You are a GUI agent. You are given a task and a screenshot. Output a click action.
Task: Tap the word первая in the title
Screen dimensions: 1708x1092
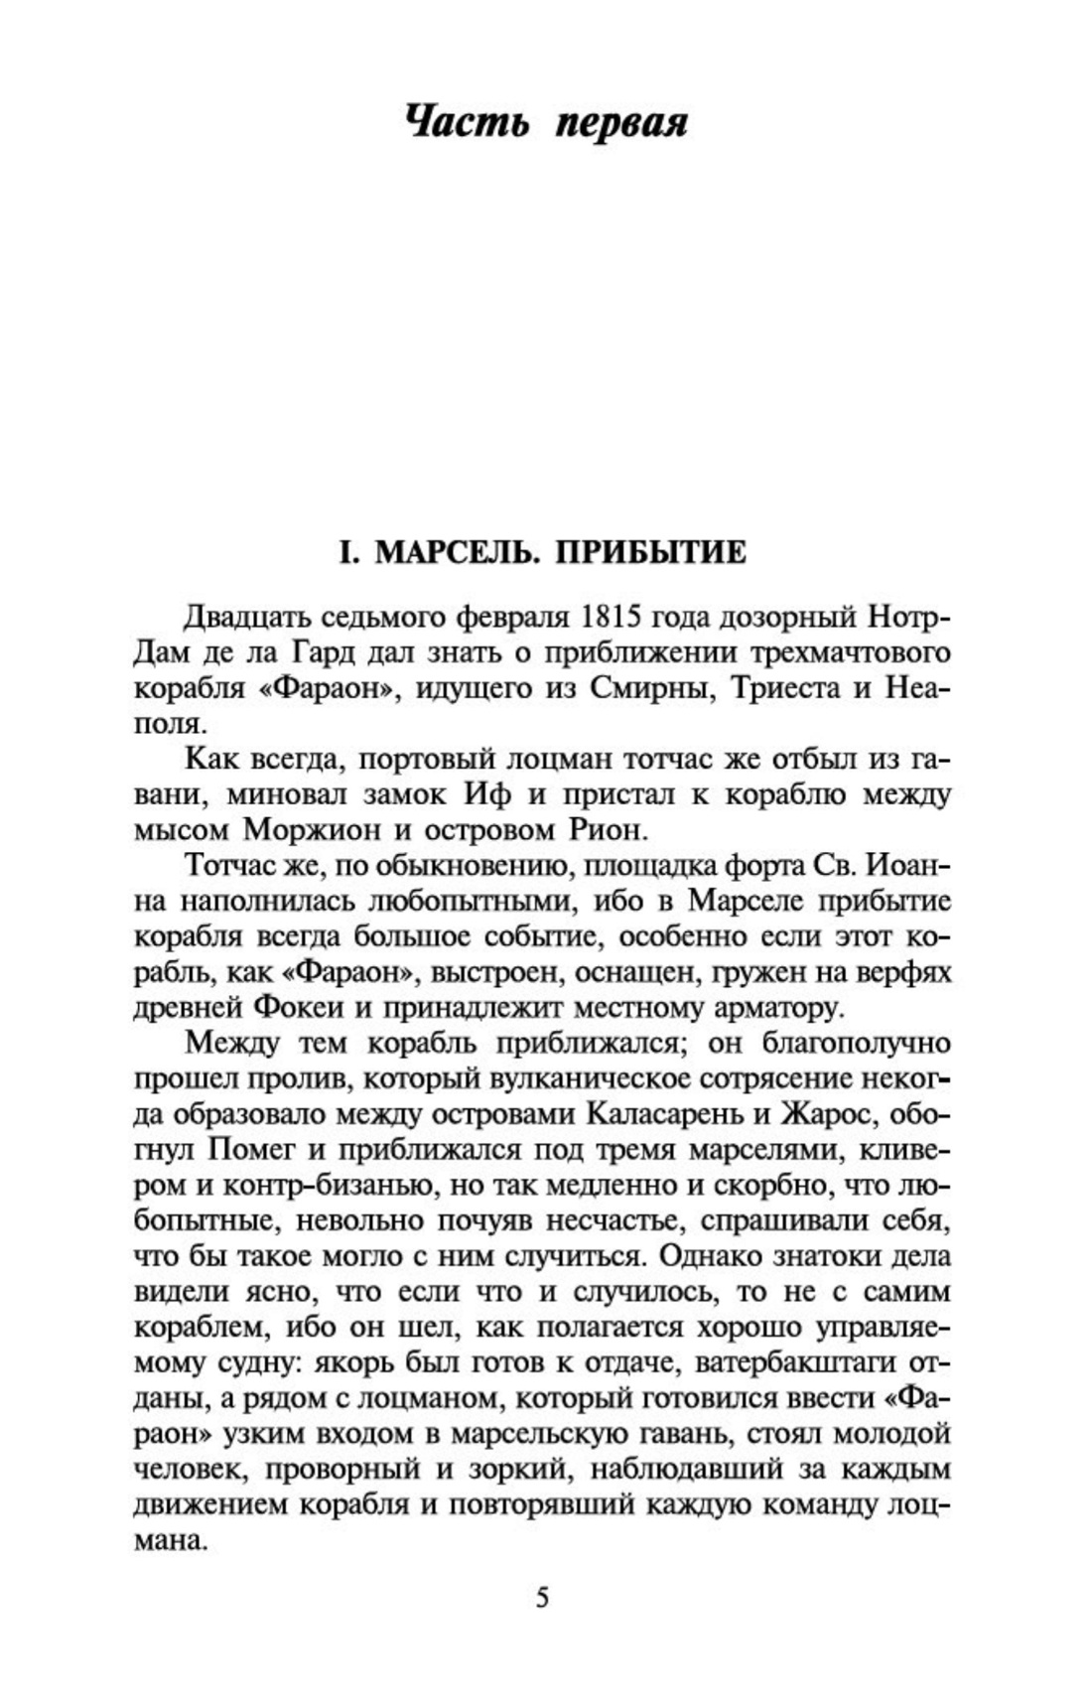point(621,123)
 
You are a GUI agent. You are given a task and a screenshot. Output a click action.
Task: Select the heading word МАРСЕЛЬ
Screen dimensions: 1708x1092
point(459,552)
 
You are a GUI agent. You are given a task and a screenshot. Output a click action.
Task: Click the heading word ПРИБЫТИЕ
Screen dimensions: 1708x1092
point(650,552)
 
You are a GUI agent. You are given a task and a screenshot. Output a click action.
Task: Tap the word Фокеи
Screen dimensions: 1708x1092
point(299,1007)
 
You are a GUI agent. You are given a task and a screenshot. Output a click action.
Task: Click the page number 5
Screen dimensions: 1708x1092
point(542,1598)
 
